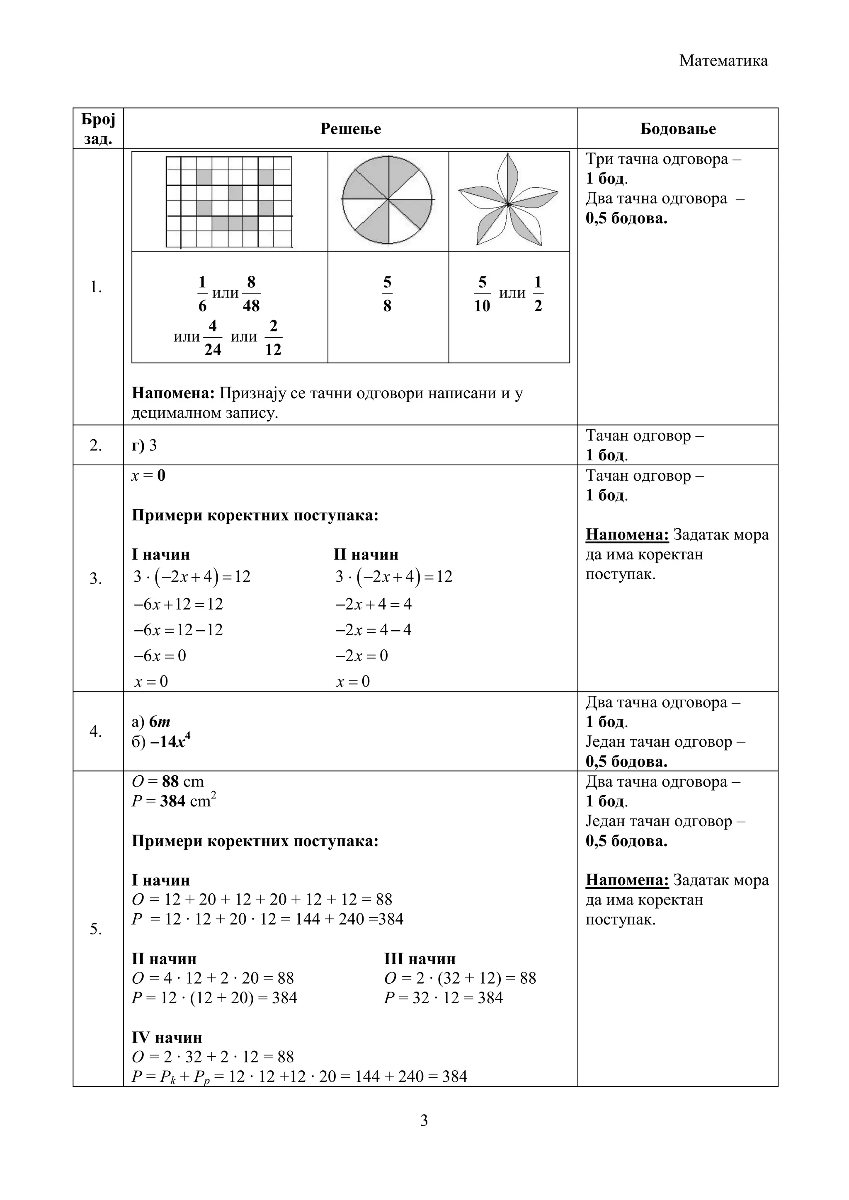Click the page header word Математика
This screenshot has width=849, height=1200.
point(723,60)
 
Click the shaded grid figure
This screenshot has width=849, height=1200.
point(229,201)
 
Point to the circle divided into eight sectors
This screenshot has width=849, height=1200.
point(387,200)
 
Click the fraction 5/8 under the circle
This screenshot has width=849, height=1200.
point(387,294)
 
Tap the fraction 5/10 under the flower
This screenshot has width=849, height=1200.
point(482,294)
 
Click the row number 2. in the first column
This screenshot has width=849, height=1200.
point(96,445)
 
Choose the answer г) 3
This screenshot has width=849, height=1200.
point(144,445)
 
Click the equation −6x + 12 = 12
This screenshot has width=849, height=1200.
point(179,604)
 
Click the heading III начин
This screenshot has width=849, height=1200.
point(420,959)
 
